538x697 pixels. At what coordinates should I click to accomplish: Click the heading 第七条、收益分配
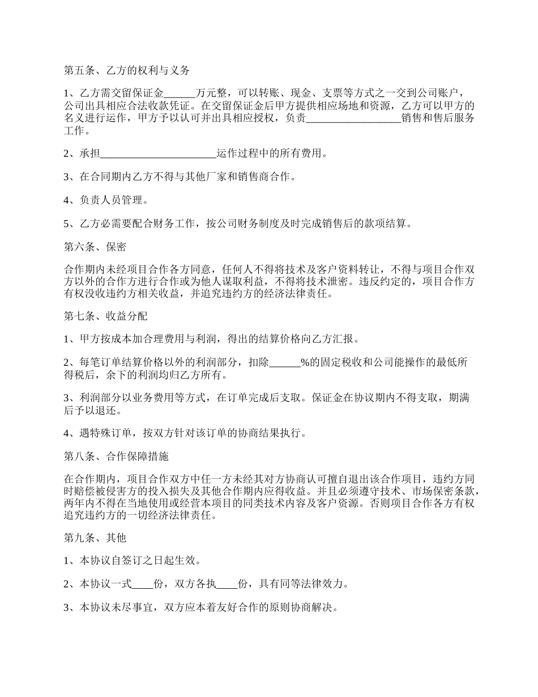(x=106, y=316)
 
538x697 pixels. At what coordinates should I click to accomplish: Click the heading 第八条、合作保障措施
(x=116, y=456)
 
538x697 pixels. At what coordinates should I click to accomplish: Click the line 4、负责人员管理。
(x=106, y=200)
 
